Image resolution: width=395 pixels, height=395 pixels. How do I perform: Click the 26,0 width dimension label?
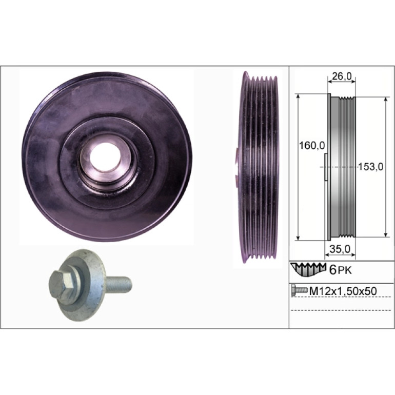point(341,76)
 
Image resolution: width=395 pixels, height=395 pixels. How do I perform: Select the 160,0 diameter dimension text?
point(312,145)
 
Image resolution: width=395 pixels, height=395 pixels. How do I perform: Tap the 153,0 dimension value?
point(370,167)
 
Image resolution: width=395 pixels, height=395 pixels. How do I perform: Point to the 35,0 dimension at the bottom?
point(340,249)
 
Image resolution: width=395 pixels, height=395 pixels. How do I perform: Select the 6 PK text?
point(341,270)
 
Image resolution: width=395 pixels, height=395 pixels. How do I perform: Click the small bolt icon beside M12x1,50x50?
point(300,291)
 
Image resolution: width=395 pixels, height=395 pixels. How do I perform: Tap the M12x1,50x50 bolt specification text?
point(343,291)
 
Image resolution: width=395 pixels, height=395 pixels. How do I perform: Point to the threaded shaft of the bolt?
point(119,284)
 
